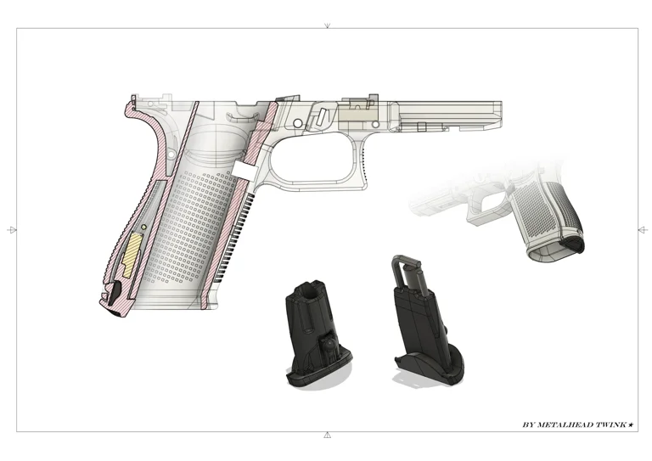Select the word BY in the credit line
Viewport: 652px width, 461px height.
click(x=528, y=424)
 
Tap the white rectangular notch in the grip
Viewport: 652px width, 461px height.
click(x=244, y=171)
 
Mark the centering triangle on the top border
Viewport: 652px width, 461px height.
click(x=327, y=25)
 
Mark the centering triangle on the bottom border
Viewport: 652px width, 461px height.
click(x=327, y=436)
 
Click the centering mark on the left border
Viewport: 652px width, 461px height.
click(x=11, y=230)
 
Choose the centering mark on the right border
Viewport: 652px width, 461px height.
click(x=642, y=230)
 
